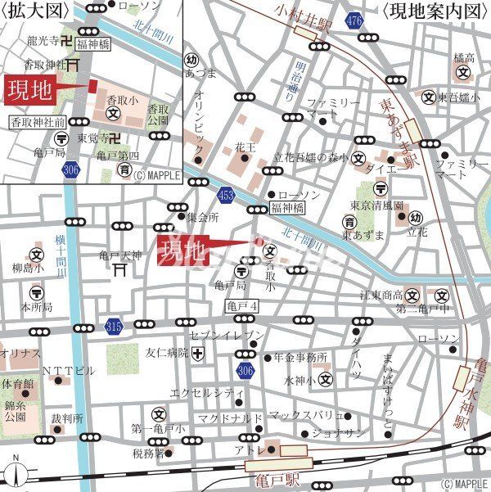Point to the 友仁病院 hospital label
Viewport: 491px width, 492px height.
167,353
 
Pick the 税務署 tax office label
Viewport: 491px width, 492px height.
149,451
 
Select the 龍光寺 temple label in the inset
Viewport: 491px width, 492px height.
42,40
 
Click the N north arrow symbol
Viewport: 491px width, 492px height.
14,475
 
